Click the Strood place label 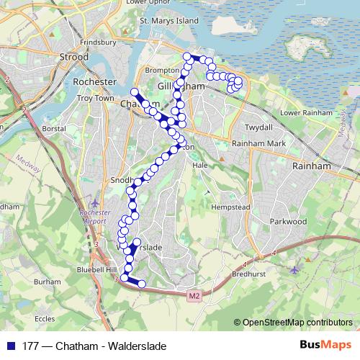click(73, 56)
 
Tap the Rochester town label click(94, 82)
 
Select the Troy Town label click(95, 97)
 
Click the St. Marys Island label click(168, 21)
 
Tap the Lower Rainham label click(307, 113)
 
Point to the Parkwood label click(288, 222)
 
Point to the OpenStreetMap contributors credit click(297, 323)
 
